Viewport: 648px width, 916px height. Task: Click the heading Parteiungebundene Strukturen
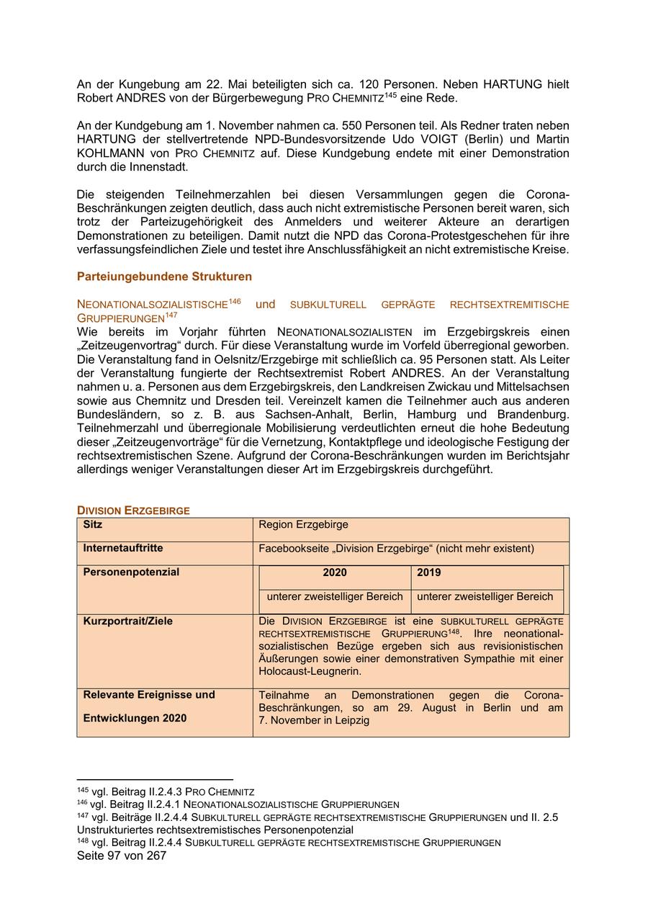(164, 277)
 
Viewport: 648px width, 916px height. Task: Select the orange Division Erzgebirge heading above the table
(133, 511)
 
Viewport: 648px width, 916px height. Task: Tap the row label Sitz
(93, 524)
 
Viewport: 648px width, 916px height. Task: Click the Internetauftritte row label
(123, 548)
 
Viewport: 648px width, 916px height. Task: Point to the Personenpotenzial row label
(131, 572)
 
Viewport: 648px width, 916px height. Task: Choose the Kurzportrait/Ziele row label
(128, 621)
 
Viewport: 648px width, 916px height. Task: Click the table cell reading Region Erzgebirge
(303, 524)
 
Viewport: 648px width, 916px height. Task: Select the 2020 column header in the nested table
(334, 572)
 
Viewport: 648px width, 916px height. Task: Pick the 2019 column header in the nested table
(429, 572)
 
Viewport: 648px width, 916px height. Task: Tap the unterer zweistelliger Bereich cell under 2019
(485, 596)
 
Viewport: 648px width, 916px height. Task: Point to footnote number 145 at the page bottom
(83, 790)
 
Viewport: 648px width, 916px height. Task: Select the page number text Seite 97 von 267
(122, 856)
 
